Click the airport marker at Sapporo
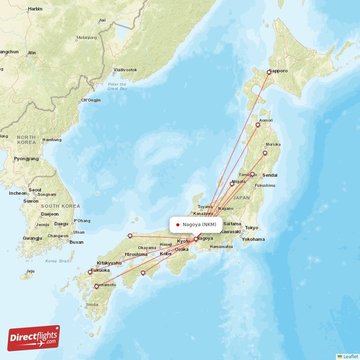tap(269, 72)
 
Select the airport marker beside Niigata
tap(232, 184)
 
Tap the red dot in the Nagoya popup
tap(178, 225)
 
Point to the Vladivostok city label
tap(125, 70)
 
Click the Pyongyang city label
tap(26, 159)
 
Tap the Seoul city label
tap(35, 189)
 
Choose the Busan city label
tap(76, 242)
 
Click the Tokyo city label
tap(252, 228)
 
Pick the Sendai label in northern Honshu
tap(270, 175)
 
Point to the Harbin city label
tap(35, 9)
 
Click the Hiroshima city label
tap(136, 254)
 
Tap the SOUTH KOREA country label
tap(59, 206)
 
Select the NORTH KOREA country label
tap(26, 139)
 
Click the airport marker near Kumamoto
tap(96, 287)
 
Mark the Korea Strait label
tap(57, 261)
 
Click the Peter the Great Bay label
tap(117, 86)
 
